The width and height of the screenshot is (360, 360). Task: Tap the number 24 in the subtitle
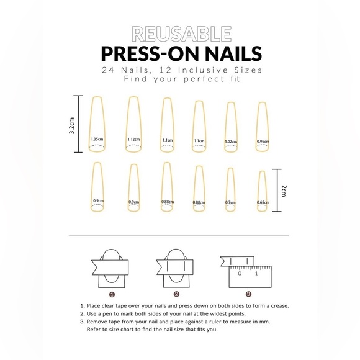tap(110, 70)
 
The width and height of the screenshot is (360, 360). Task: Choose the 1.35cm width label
tap(97, 139)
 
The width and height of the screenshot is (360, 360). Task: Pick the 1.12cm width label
tap(133, 139)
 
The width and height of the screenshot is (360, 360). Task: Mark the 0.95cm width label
tap(263, 142)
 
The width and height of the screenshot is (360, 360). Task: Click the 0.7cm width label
tap(230, 202)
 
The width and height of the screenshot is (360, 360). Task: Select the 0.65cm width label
tap(263, 202)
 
